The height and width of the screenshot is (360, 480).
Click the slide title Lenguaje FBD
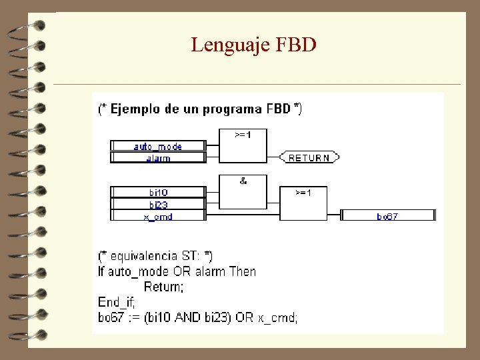click(x=253, y=45)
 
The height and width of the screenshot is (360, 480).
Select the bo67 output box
click(x=387, y=215)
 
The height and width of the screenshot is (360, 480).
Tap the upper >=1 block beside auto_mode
click(x=243, y=147)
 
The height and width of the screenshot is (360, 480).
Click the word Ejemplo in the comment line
click(x=135, y=109)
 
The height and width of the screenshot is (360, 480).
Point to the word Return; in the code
click(x=163, y=287)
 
